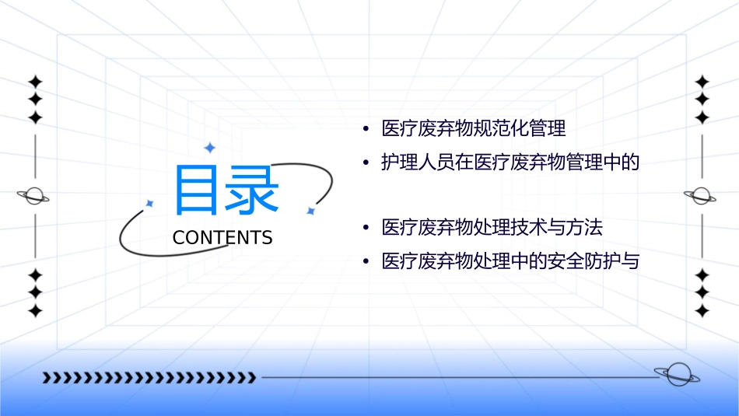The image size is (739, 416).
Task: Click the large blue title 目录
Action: point(226,191)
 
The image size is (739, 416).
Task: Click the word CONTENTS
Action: point(222,238)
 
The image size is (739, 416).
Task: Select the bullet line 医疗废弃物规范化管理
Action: point(474,128)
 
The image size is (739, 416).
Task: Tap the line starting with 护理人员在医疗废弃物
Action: point(510,163)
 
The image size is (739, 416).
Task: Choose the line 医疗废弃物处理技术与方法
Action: point(492,228)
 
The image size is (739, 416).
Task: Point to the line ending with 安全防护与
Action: point(510,262)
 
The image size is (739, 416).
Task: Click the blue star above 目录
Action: point(208,147)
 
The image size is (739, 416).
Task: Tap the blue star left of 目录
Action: point(149,204)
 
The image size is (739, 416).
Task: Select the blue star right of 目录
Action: point(310,211)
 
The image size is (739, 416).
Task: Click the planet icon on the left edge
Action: point(34,196)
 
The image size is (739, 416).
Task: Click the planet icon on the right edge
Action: point(702,196)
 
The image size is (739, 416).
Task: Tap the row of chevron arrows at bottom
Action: point(149,378)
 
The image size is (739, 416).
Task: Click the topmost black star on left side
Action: point(35,82)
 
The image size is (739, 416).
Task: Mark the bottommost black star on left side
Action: point(35,310)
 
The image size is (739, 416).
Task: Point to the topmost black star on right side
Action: point(702,82)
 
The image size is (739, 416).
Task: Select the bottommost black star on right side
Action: point(702,310)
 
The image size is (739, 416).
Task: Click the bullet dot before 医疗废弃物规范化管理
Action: point(366,128)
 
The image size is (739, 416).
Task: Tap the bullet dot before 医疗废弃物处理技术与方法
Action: point(366,229)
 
